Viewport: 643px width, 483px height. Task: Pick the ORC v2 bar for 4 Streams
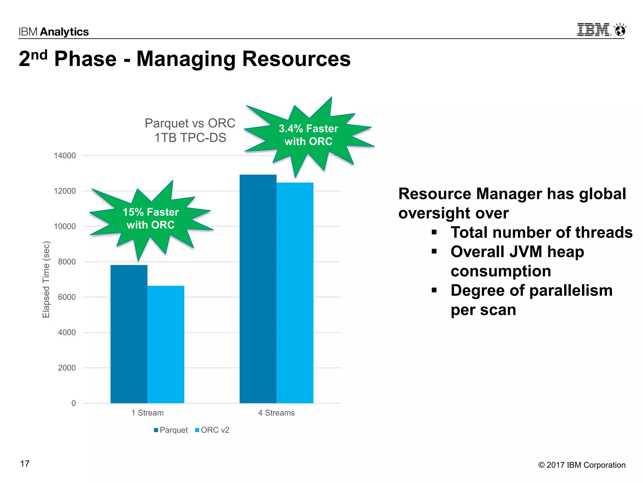click(295, 293)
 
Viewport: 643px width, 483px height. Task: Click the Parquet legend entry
click(171, 430)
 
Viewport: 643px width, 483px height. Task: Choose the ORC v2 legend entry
click(212, 430)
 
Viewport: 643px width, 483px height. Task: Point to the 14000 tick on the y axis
click(65, 156)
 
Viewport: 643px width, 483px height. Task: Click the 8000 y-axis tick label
click(67, 262)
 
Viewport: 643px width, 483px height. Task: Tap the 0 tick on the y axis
click(73, 403)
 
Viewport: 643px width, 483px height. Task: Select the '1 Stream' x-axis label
click(147, 413)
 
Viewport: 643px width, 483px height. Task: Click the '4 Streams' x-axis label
click(276, 413)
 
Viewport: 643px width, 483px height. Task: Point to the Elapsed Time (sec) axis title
click(46, 280)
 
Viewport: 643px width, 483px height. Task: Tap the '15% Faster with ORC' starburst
click(151, 219)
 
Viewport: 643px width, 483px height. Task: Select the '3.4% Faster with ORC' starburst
click(308, 135)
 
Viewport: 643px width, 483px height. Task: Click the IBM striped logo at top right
click(594, 30)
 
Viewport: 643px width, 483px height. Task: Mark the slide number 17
click(25, 464)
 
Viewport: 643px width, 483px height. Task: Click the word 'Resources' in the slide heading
click(296, 59)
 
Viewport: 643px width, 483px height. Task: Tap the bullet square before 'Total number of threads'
click(434, 232)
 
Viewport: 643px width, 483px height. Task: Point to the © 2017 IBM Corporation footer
click(582, 465)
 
